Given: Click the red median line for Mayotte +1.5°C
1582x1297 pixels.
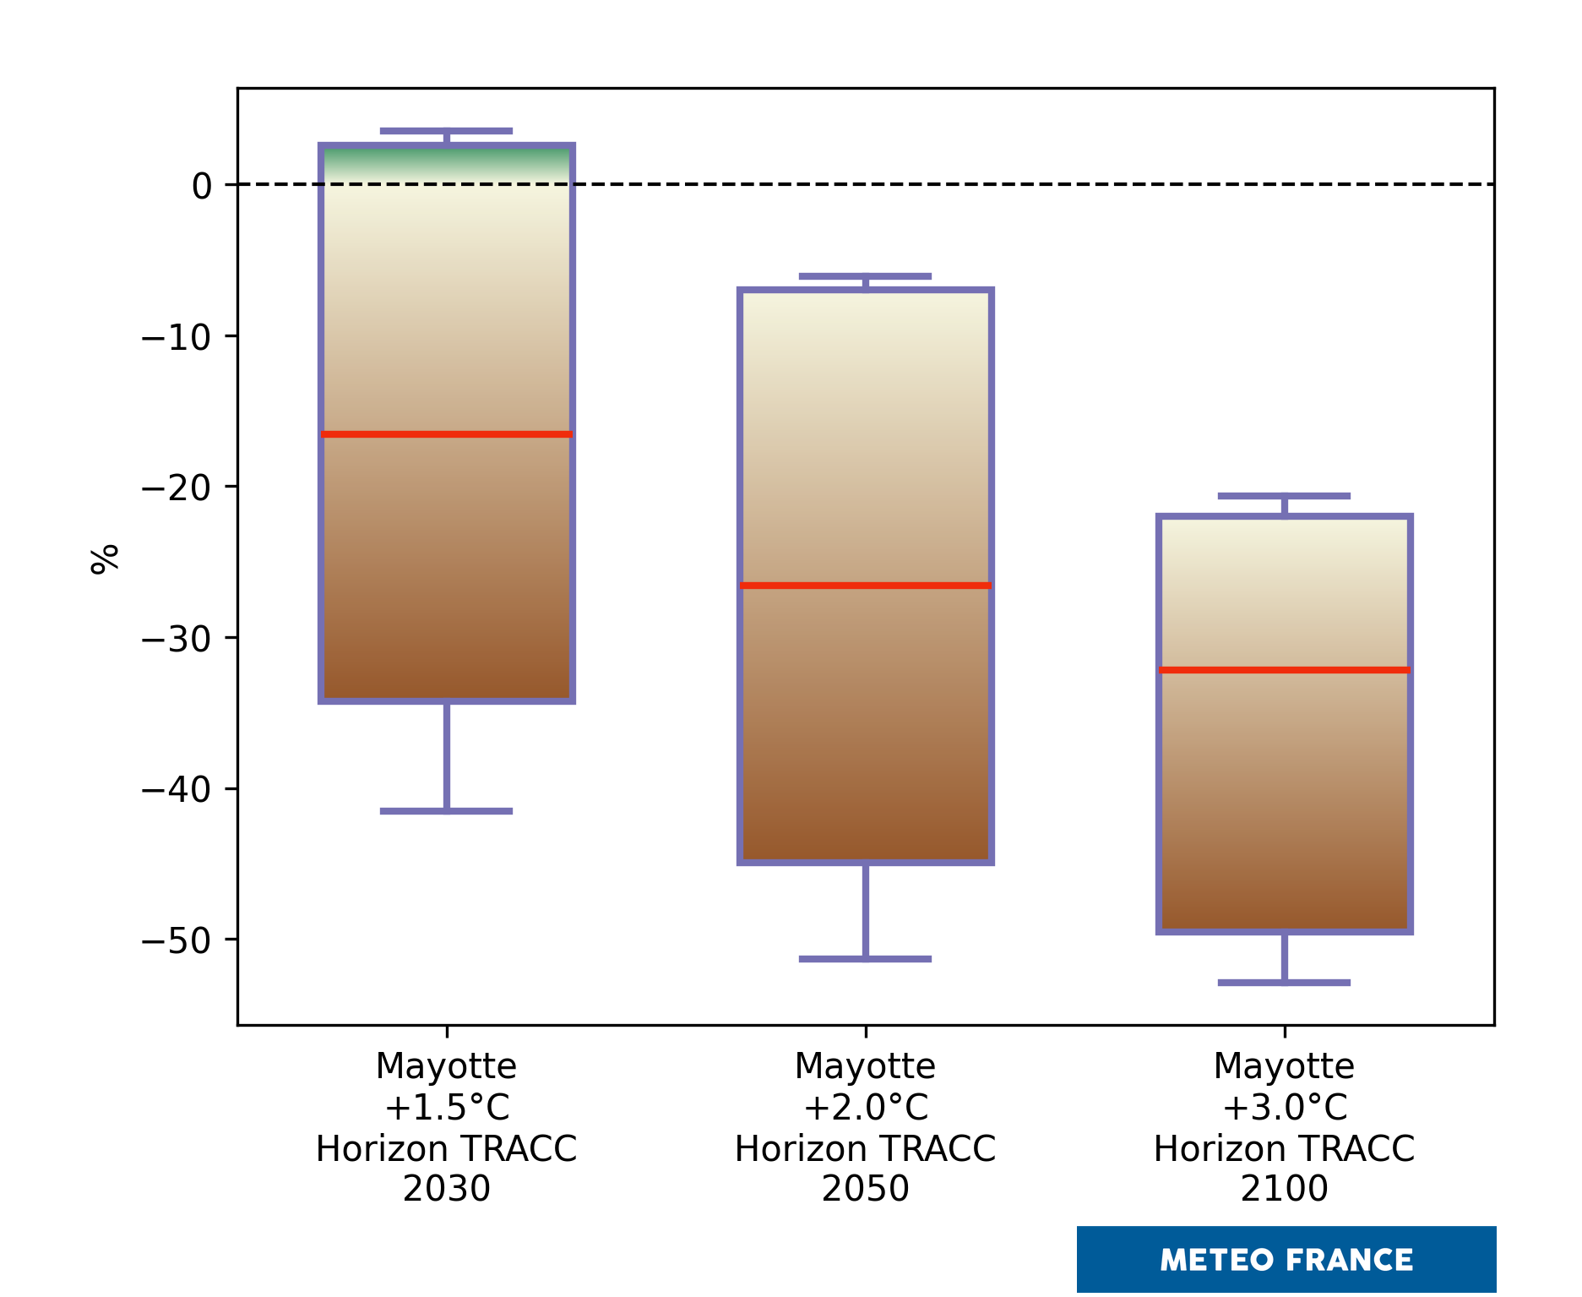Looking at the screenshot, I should click(446, 434).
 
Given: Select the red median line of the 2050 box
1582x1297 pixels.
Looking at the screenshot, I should click(865, 586).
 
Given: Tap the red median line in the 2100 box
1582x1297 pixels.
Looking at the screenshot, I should click(1284, 670).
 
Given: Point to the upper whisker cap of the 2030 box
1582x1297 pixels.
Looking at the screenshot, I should click(446, 131).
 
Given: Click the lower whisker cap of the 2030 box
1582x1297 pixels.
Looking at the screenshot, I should click(446, 811).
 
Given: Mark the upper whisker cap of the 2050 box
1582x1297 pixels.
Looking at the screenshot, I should click(865, 276).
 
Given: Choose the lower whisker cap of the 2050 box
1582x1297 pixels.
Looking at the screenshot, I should click(865, 959).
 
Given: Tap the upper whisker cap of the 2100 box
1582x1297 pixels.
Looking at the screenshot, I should click(1284, 496).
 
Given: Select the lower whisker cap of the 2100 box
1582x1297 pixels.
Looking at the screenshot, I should click(1284, 983).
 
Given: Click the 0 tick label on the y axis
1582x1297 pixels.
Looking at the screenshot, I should click(202, 186).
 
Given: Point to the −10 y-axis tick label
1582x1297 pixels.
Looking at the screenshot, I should click(177, 337).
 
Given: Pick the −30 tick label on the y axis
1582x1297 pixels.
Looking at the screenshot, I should click(177, 639).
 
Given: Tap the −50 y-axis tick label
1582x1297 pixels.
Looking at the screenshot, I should click(177, 940).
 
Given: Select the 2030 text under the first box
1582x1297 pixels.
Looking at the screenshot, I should click(446, 1189).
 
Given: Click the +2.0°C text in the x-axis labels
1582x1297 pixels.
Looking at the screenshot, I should click(865, 1107).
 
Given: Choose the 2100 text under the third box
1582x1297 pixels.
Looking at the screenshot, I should click(1284, 1189).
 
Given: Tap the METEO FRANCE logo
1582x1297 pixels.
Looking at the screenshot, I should click(1286, 1260).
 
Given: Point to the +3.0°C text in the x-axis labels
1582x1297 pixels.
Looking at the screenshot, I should click(1284, 1107).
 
